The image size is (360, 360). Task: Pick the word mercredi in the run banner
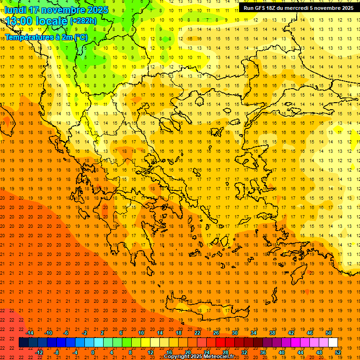pyautogui.click(x=296, y=8)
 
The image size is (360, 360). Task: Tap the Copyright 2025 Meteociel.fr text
pyautogui.click(x=199, y=357)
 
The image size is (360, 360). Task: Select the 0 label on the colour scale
pyautogui.click(x=92, y=352)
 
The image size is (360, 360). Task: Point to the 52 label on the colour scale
pyautogui.click(x=338, y=352)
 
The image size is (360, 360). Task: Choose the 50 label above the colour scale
pyautogui.click(x=328, y=333)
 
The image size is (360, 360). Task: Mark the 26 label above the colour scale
pyautogui.click(x=216, y=333)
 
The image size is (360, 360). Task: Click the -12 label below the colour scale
pyautogui.click(x=39, y=352)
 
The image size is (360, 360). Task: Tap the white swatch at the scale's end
pyautogui.click(x=333, y=343)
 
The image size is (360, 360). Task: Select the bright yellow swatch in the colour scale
pyautogui.click(x=145, y=343)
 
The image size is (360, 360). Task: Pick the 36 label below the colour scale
pyautogui.click(x=263, y=352)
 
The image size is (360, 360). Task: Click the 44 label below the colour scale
pyautogui.click(x=300, y=352)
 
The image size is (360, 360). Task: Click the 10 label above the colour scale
pyautogui.click(x=141, y=333)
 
